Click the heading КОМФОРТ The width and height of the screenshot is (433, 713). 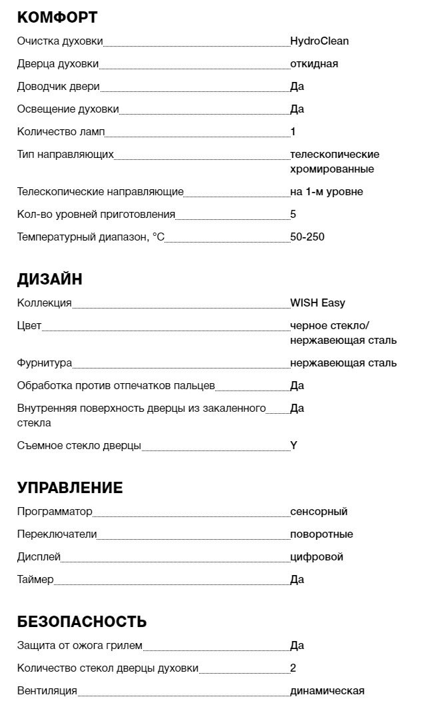click(x=57, y=18)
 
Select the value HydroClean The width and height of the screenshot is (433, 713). click(x=319, y=41)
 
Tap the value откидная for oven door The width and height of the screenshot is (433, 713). click(x=314, y=64)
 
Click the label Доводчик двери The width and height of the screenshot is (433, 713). click(x=58, y=87)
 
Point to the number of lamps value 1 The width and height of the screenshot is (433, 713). click(x=293, y=132)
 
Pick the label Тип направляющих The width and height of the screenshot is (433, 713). click(x=65, y=155)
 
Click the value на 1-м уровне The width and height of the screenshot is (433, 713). click(x=326, y=192)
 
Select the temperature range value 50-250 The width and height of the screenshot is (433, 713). click(x=307, y=237)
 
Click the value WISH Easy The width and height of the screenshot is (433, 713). click(x=318, y=303)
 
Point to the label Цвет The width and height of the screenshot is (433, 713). click(x=29, y=326)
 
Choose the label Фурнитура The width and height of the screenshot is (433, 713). click(x=44, y=363)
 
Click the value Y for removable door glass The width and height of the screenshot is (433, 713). click(x=294, y=446)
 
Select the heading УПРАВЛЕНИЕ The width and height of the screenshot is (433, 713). click(x=70, y=488)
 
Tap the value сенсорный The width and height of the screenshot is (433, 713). click(x=318, y=512)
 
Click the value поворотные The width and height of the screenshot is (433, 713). click(x=321, y=534)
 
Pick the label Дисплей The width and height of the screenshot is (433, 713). click(x=39, y=557)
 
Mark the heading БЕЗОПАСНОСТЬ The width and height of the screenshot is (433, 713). click(x=81, y=622)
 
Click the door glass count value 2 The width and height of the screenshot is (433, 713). click(x=293, y=668)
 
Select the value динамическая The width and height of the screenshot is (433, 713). click(x=327, y=691)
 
